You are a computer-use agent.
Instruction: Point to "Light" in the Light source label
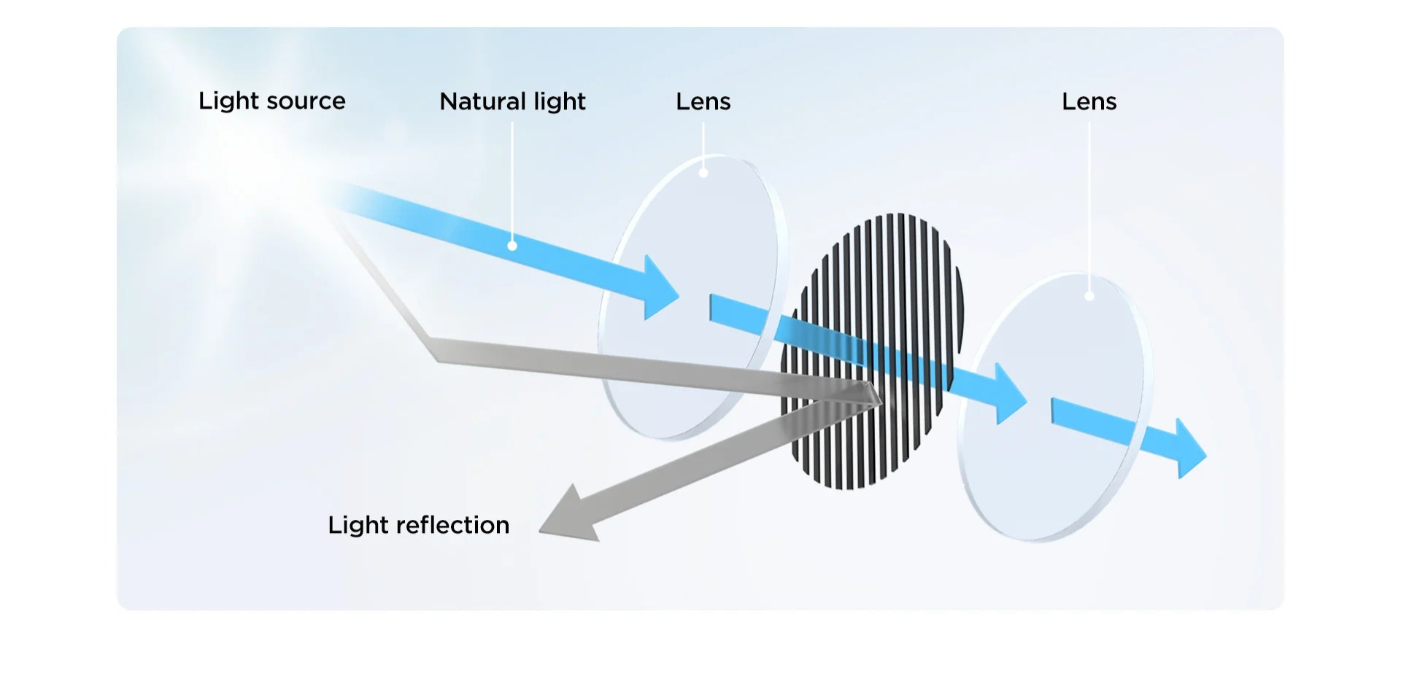click(x=228, y=101)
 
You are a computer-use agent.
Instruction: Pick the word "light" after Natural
click(x=560, y=102)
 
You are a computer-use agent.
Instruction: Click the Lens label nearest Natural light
click(x=703, y=101)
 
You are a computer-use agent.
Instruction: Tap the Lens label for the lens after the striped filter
click(x=1089, y=101)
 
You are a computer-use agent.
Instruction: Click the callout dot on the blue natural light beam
click(x=512, y=246)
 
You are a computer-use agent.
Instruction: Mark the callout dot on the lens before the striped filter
click(x=703, y=173)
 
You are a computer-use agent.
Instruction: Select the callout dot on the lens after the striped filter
click(x=1089, y=296)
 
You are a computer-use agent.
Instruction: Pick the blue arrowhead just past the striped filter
click(x=1011, y=394)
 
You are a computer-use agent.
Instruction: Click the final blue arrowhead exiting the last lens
click(x=1190, y=449)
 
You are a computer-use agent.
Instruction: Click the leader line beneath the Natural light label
click(x=512, y=182)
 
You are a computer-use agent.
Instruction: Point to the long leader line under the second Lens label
click(x=1089, y=204)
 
